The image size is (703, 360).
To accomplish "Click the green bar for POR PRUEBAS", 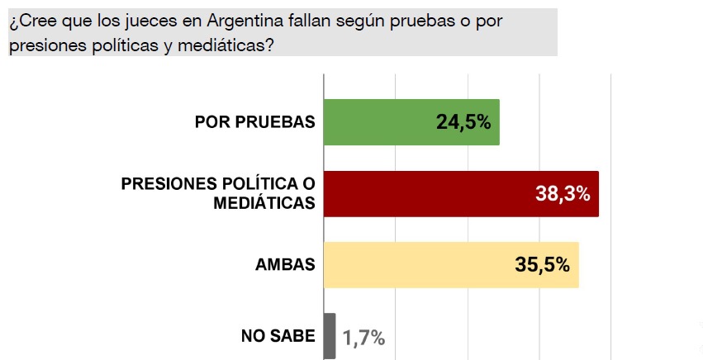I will point(388,122).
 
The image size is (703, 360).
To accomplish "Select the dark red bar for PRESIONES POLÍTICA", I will point(430,194).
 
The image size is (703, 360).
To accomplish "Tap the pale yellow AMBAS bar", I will point(413,264).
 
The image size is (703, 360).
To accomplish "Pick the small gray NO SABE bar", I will point(330,336).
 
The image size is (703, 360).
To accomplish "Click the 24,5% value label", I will point(463,123).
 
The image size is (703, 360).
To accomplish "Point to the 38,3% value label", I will point(563,195).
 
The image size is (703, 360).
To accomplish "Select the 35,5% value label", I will point(543,265).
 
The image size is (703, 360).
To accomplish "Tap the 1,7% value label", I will point(364,337).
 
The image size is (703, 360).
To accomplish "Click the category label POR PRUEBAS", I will point(255,123).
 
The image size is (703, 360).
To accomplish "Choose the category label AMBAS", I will point(286,265).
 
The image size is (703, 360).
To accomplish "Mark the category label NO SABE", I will point(278,336).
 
